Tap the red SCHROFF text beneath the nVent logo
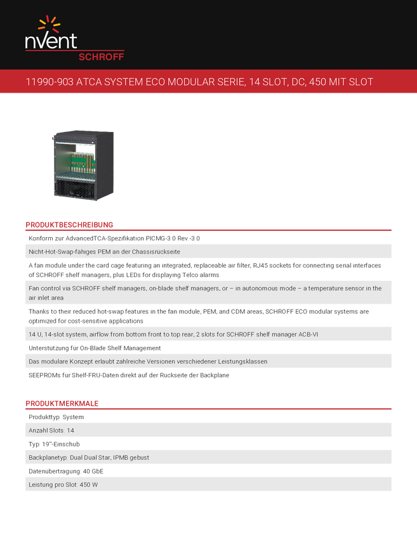[101, 56]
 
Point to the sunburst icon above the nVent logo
[49, 24]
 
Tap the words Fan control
[45, 289]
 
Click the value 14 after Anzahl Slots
[70, 430]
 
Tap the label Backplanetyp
[48, 457]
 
